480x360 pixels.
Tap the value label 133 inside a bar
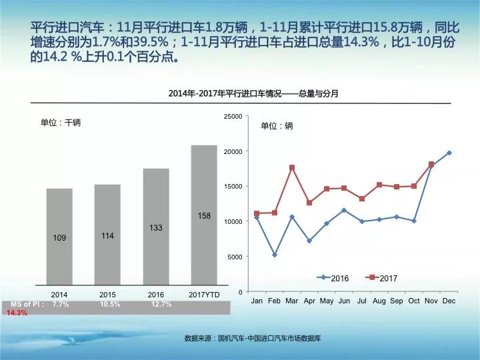156,228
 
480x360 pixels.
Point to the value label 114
108,235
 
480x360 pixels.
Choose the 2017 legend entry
383,277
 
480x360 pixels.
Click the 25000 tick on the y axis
233,117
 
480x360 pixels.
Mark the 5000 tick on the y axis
235,257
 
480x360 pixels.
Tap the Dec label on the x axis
449,301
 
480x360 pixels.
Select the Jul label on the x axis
362,301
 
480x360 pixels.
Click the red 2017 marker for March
292,167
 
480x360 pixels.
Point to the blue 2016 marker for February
275,255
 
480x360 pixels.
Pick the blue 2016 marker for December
449,153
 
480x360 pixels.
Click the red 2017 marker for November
431,164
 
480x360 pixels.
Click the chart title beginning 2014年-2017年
253,94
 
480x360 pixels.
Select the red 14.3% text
17,313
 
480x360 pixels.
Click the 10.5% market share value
110,304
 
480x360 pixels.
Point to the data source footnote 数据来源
253,339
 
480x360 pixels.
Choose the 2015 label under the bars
107,294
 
